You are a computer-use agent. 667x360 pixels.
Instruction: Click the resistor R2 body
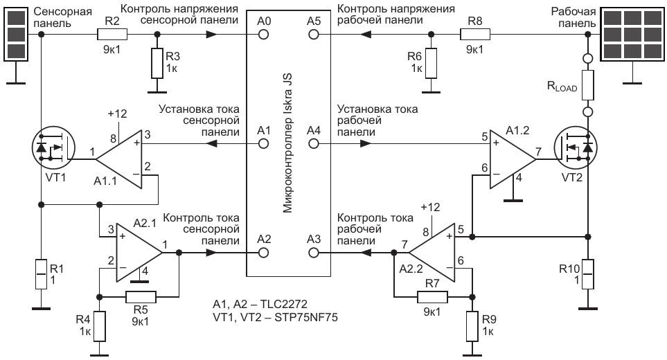(x=112, y=34)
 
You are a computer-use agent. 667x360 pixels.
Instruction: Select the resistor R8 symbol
(x=474, y=34)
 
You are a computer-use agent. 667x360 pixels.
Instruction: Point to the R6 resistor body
(x=432, y=63)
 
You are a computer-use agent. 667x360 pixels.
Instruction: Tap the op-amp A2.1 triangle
(x=138, y=253)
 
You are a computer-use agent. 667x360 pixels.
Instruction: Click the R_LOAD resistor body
(x=587, y=84)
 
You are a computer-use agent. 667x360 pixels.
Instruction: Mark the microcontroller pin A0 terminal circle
(x=263, y=34)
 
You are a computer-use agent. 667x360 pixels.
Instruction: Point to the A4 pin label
(x=314, y=129)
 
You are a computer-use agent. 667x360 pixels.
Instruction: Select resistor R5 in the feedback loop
(x=141, y=297)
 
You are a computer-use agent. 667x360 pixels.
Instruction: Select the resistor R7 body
(x=432, y=297)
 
